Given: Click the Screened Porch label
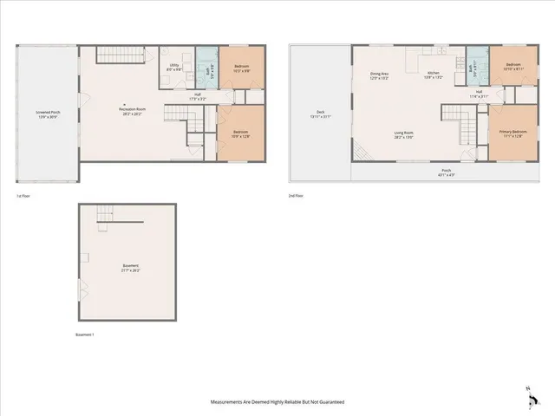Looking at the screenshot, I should point(48,114).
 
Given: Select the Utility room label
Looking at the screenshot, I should point(174,67).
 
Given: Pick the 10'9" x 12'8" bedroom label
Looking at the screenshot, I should point(239,133).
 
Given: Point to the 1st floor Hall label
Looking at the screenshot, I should point(198,96).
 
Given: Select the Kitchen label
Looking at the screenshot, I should point(434,75).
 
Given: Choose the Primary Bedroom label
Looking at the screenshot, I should point(511,133).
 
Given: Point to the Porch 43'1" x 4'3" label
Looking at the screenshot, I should point(446,172).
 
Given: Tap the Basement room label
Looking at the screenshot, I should point(130,268).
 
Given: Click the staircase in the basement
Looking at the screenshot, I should point(105,214).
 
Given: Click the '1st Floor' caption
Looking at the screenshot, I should point(23,196).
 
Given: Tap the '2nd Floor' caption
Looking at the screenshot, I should point(296,196).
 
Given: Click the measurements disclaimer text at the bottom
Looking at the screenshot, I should point(277,402).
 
